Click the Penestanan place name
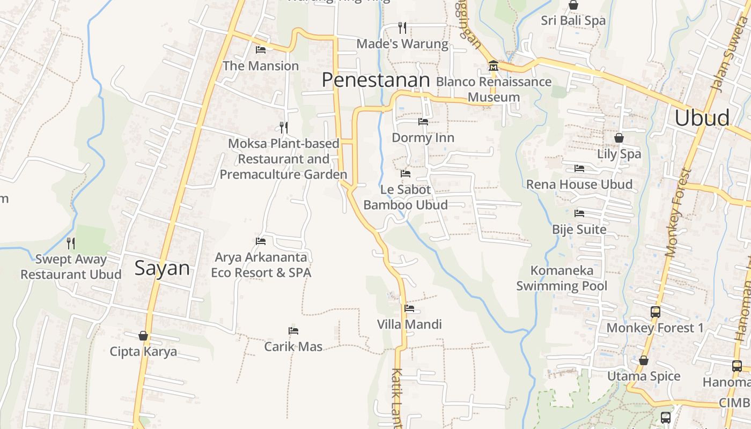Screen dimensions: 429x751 pos(376,80)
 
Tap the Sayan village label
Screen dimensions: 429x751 pos(162,268)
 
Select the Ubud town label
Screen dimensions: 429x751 pos(702,118)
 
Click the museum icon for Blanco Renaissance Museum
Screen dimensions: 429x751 pos(493,66)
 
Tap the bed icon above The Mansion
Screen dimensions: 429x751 pos(261,50)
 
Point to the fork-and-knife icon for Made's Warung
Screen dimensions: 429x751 pos(402,27)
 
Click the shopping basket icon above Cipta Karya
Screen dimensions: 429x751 pos(143,336)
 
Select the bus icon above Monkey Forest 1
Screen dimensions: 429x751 pos(655,312)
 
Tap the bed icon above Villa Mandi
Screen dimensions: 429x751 pos(409,308)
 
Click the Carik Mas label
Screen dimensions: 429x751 pos(293,346)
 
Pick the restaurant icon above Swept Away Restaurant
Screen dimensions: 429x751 pos(71,243)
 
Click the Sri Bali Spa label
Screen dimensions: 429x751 pos(573,20)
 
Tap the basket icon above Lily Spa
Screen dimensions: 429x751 pos(619,138)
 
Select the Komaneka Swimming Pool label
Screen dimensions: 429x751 pos(562,278)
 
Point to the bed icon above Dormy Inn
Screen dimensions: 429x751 pos(423,122)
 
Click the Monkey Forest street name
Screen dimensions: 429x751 pos(678,213)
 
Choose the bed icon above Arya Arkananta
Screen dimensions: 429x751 pos(261,241)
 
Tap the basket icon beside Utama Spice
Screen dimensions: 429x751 pos(644,360)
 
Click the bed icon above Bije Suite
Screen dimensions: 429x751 pos(579,213)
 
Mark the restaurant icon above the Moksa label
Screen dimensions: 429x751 pos(284,127)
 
